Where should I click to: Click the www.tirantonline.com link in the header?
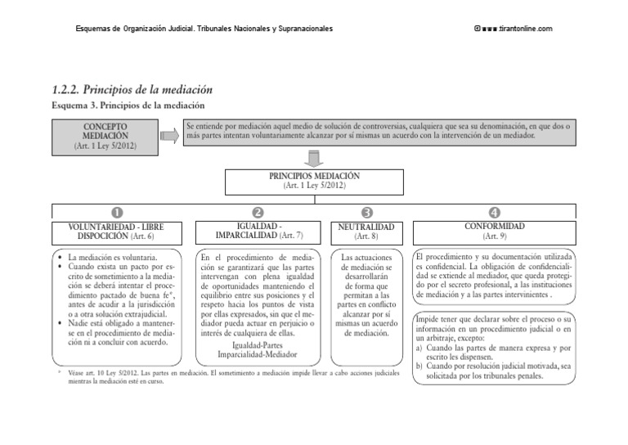tap(518, 29)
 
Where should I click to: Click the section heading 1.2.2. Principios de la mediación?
tap(132, 89)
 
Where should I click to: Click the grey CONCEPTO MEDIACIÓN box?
tap(105, 137)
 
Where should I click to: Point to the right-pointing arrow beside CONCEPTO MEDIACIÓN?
tap(169, 137)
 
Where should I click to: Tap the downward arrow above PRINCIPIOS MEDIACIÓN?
tap(314, 158)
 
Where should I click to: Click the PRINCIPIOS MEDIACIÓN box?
tap(314, 181)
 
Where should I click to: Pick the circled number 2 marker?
tap(258, 214)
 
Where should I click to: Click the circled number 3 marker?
tap(367, 214)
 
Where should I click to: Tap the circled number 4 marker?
tap(495, 214)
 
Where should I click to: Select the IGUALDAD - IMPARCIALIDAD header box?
tap(258, 231)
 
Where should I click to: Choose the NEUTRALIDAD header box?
tap(367, 231)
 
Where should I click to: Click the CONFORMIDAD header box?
tap(495, 231)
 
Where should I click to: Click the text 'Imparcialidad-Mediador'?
tap(258, 355)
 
